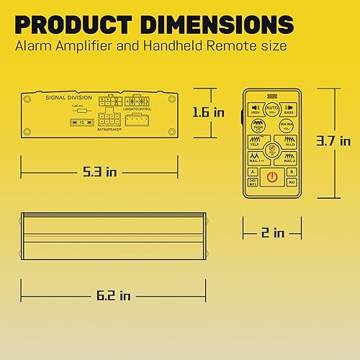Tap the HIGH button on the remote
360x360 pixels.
click(255, 109)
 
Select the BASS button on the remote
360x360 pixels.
click(289, 109)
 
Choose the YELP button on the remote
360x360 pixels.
click(254, 141)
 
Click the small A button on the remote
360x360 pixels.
click(252, 172)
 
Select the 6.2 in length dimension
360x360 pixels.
click(114, 295)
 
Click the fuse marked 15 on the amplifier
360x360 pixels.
click(82, 122)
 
